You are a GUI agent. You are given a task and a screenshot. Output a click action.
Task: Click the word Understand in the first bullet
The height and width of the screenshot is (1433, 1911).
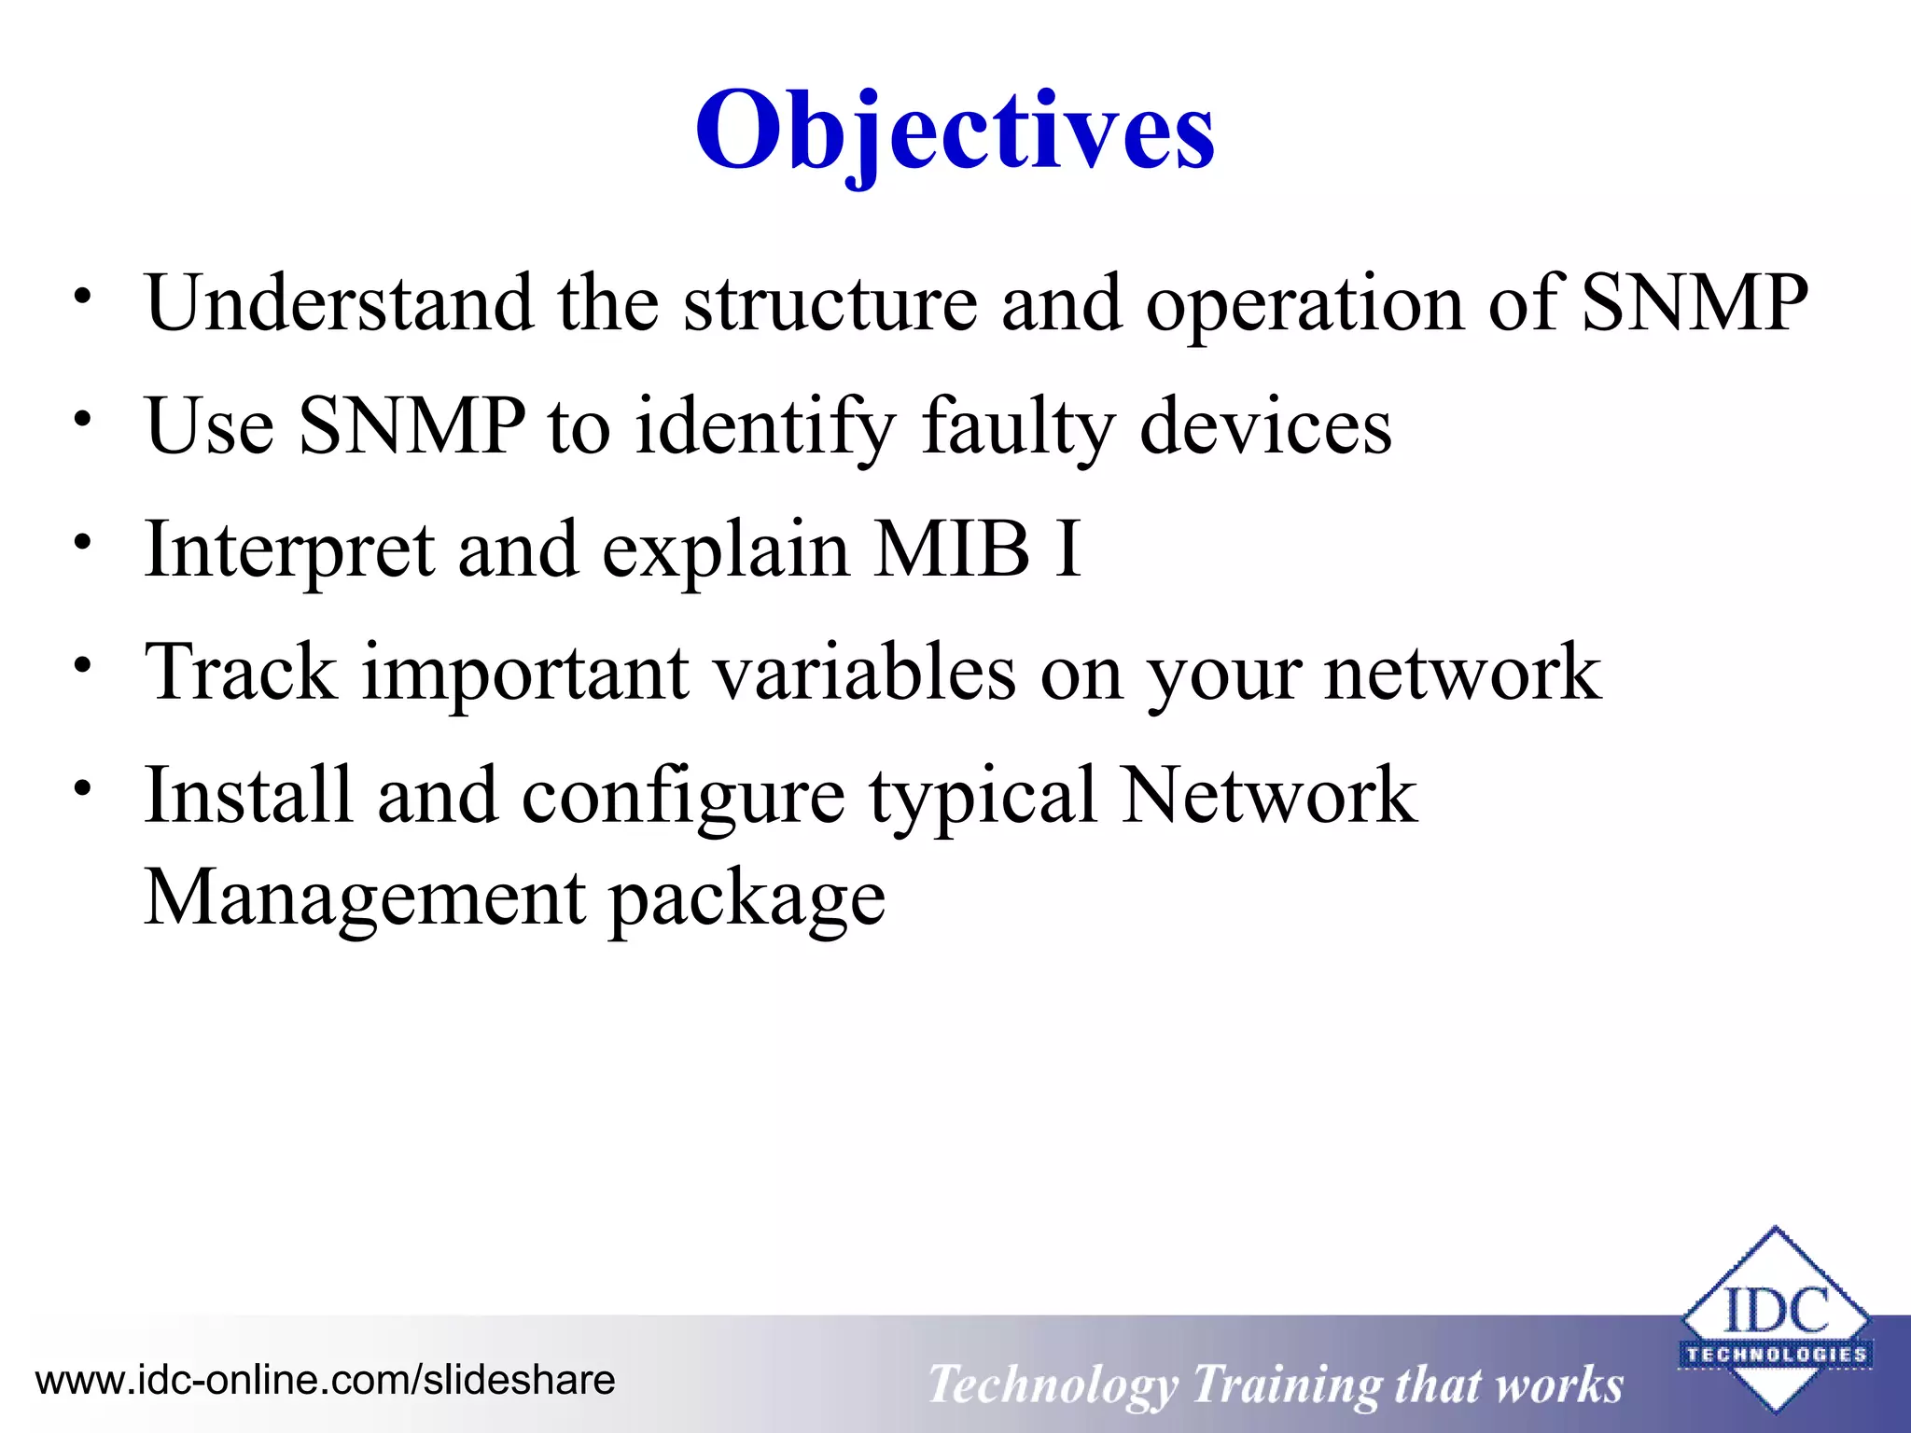(x=339, y=303)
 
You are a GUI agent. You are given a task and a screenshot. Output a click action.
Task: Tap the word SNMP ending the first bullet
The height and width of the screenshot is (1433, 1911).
(x=1695, y=303)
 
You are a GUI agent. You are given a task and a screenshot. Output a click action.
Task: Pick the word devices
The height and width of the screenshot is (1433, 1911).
(x=1265, y=427)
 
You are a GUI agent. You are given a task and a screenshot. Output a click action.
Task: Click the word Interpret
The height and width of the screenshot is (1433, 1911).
(x=289, y=550)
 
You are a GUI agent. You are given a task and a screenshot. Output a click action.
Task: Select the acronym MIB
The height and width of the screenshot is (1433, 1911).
(x=953, y=549)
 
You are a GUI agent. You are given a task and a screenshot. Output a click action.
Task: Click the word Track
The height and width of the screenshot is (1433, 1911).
(x=241, y=672)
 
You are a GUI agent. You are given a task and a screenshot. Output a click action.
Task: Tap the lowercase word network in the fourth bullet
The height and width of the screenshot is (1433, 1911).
(x=1462, y=672)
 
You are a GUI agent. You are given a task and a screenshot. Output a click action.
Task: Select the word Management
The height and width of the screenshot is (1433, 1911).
(x=365, y=897)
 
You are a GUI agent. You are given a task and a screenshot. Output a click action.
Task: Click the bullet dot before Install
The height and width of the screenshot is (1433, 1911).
(x=84, y=788)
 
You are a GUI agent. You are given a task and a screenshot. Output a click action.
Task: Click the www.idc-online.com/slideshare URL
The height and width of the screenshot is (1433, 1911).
(x=325, y=1380)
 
